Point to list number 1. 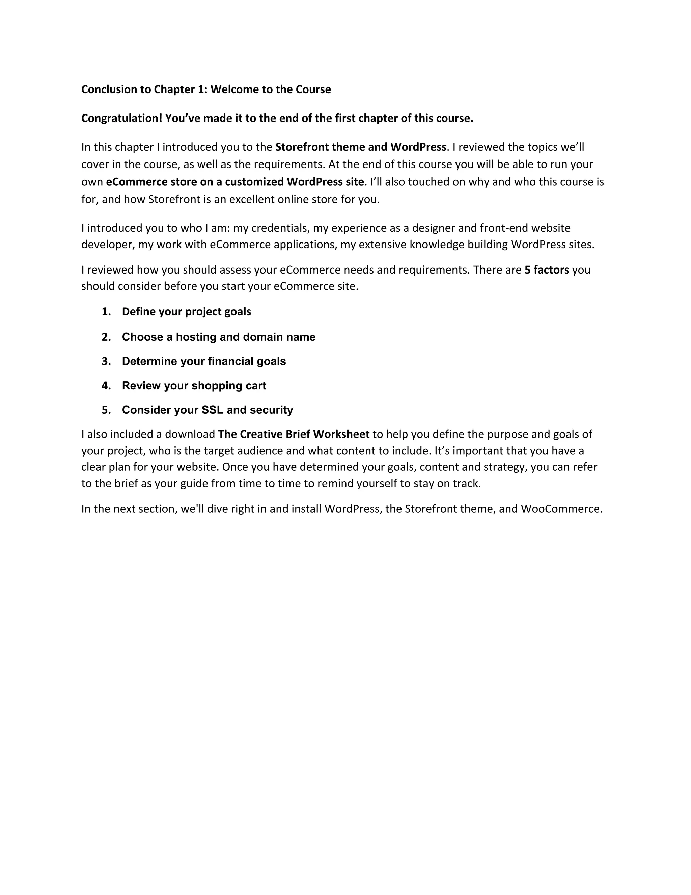click(106, 312)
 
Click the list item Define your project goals click(186, 312)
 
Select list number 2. click(106, 337)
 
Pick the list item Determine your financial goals click(204, 361)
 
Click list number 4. click(106, 386)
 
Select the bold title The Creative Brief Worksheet click(294, 434)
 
